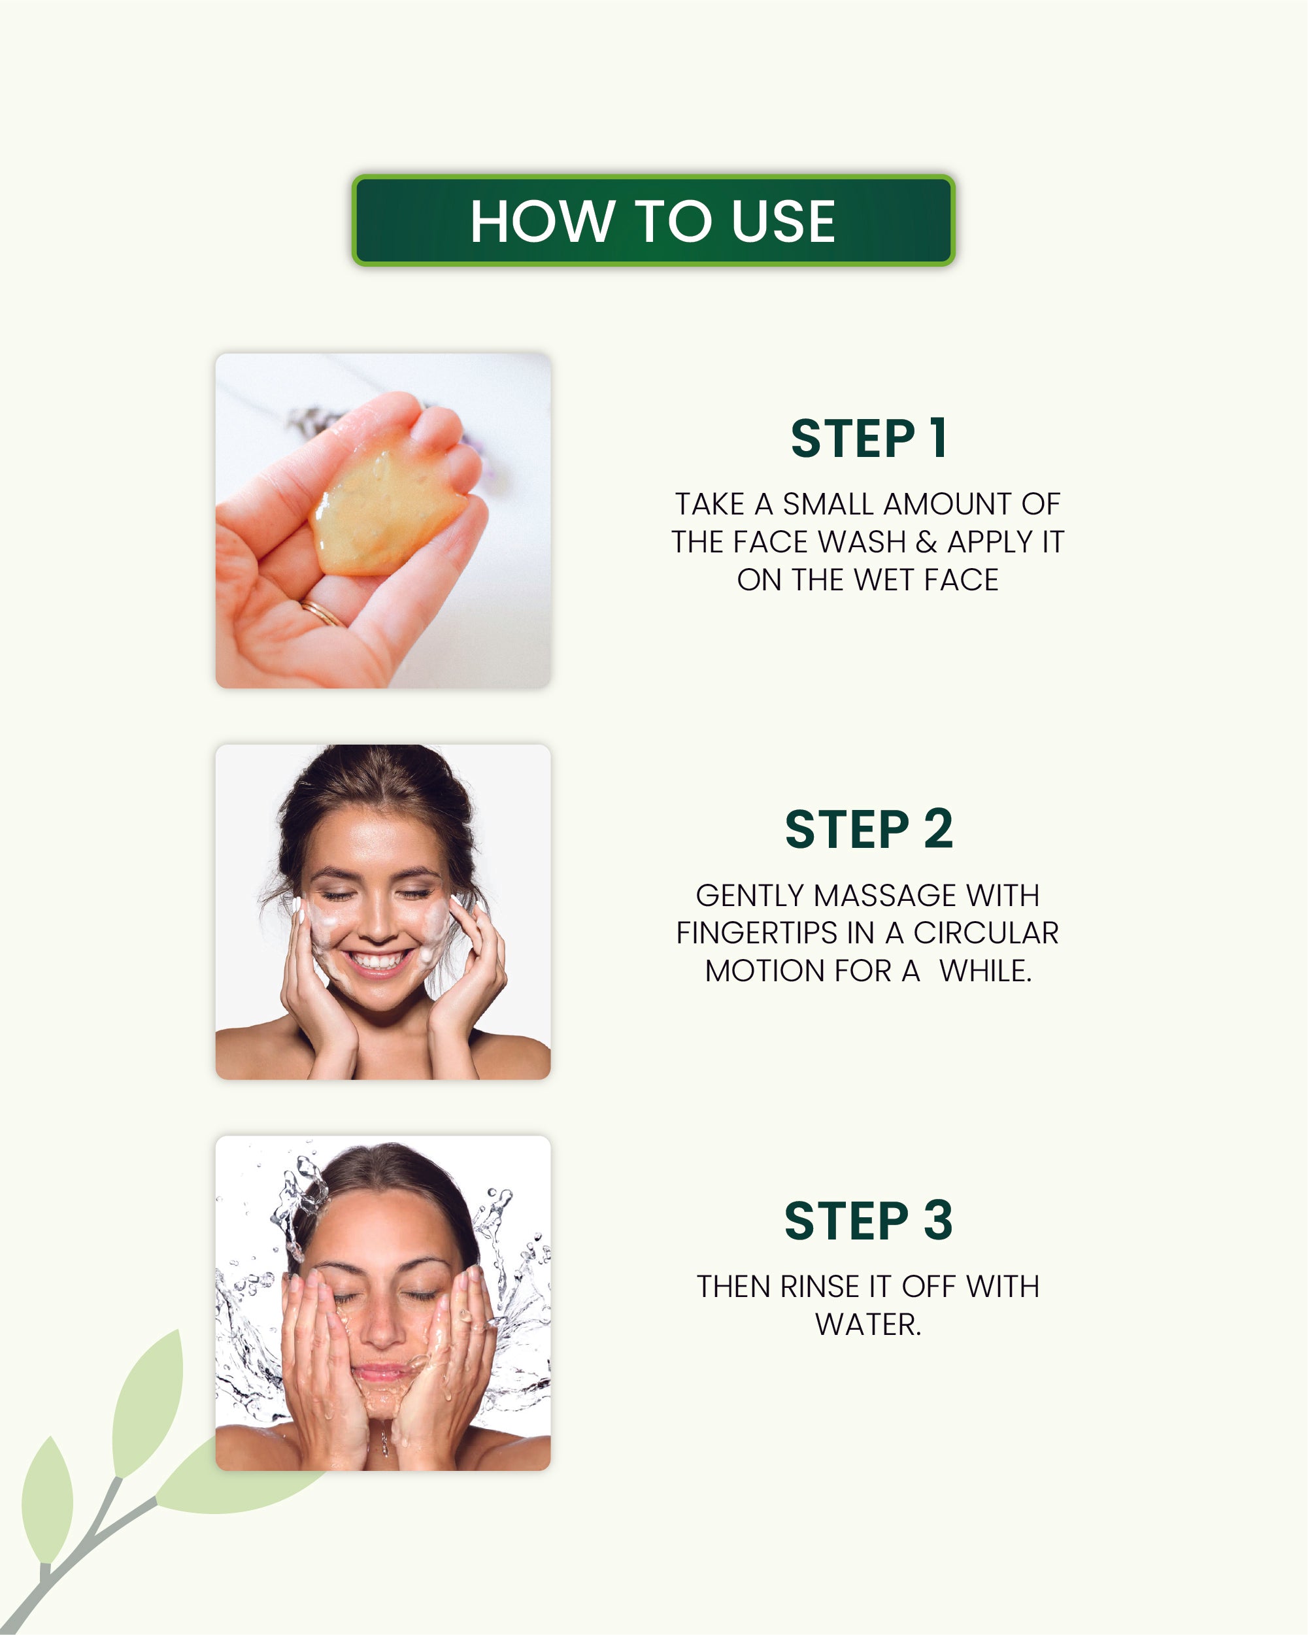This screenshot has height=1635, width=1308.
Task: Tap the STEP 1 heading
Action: (x=868, y=439)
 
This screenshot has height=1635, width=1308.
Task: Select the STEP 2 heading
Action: (x=868, y=830)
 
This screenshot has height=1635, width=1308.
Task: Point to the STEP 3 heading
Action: (x=868, y=1221)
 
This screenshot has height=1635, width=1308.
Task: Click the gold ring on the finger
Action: (x=322, y=612)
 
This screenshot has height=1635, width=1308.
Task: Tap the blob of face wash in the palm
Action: (x=387, y=510)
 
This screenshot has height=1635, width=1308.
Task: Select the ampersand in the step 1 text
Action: (x=926, y=542)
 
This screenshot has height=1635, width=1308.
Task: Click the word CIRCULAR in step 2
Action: (x=986, y=934)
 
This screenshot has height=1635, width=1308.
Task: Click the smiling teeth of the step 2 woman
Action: (x=378, y=962)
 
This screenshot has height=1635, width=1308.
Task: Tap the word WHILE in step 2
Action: (x=985, y=971)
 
